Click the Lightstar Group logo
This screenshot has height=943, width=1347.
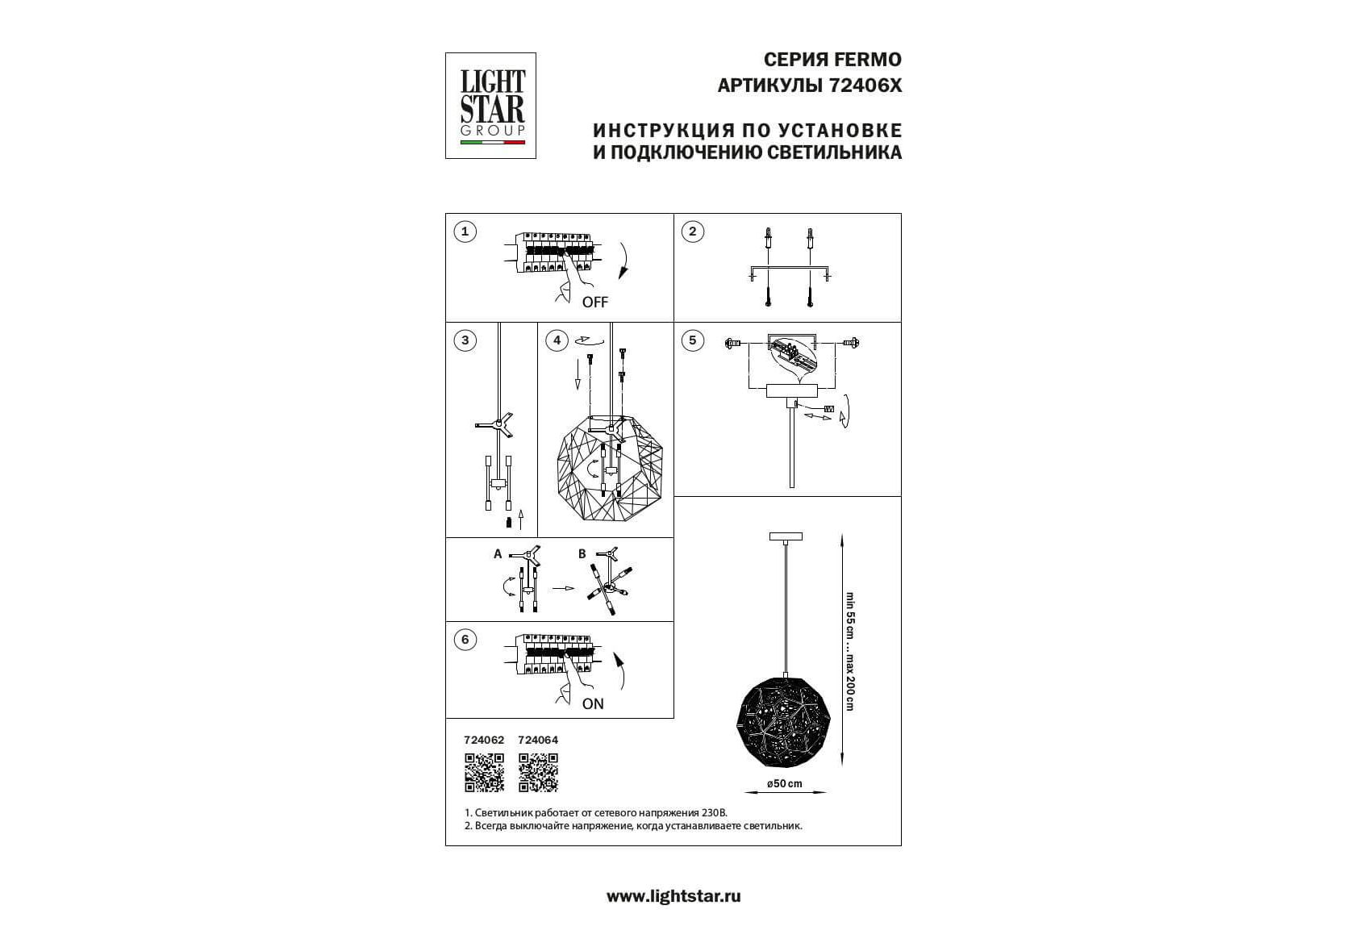[x=490, y=106]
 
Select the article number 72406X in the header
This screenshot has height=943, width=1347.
[x=865, y=86]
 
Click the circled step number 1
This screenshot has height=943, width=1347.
[x=465, y=232]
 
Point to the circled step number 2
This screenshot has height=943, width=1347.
[x=693, y=232]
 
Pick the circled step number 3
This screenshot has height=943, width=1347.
[x=465, y=340]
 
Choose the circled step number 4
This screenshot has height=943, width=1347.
[x=557, y=340]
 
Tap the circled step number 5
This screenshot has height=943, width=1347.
[x=693, y=340]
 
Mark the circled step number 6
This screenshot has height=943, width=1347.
[x=465, y=640]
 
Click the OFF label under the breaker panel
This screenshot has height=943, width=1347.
[x=594, y=303]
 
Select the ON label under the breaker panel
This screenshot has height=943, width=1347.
[x=593, y=703]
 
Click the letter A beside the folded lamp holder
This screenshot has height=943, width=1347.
[x=498, y=554]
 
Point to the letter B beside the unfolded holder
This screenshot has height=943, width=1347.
[x=582, y=554]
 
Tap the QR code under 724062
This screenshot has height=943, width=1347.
[x=484, y=772]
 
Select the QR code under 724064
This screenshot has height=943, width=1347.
[x=538, y=772]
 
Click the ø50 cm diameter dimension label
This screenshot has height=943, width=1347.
[x=785, y=783]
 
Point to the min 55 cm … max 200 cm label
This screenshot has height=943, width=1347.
[x=849, y=651]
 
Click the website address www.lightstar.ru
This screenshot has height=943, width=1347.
[x=673, y=897]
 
